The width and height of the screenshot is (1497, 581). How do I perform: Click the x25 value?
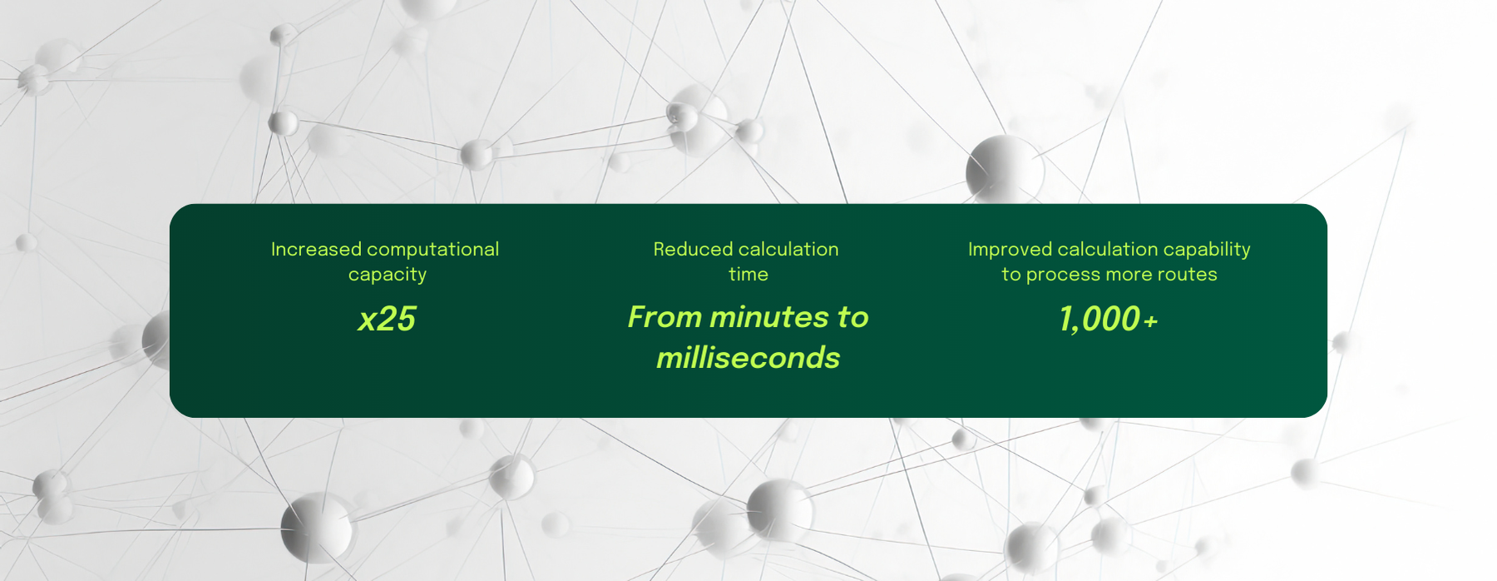pyautogui.click(x=387, y=319)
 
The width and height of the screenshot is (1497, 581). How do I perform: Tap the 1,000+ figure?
pyautogui.click(x=1108, y=319)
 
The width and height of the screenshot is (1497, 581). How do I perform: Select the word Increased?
pyautogui.click(x=316, y=249)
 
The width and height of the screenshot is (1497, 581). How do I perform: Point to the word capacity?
pyautogui.click(x=388, y=275)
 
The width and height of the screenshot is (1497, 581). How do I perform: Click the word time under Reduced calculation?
pyautogui.click(x=748, y=274)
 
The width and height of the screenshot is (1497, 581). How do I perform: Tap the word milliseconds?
pyautogui.click(x=748, y=358)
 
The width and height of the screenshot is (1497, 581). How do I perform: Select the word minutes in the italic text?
pyautogui.click(x=769, y=317)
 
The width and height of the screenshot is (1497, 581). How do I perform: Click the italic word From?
pyautogui.click(x=665, y=317)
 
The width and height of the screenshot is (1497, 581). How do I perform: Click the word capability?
pyautogui.click(x=1207, y=250)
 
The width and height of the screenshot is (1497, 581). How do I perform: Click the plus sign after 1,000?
pyautogui.click(x=1150, y=321)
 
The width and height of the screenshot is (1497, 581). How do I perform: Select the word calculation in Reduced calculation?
pyautogui.click(x=788, y=249)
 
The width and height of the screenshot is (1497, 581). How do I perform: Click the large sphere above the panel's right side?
pyautogui.click(x=1004, y=170)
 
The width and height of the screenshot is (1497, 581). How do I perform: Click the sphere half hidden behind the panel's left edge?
pyautogui.click(x=156, y=340)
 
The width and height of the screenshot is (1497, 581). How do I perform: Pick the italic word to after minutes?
pyautogui.click(x=852, y=317)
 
